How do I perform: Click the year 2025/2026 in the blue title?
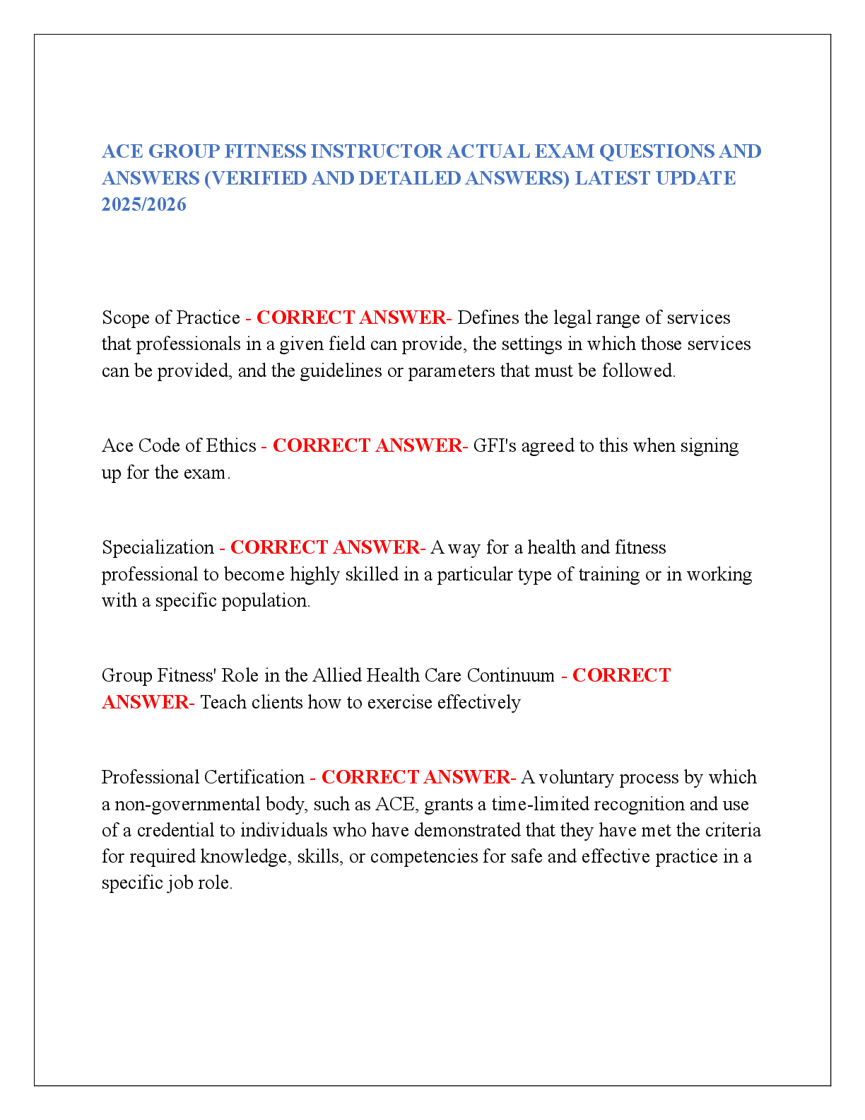tap(143, 204)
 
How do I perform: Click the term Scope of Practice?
tap(170, 317)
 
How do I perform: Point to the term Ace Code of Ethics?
tap(179, 445)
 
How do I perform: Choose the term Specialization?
tap(158, 547)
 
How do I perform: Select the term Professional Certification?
tap(203, 777)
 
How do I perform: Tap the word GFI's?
tap(495, 445)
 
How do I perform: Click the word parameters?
tap(452, 371)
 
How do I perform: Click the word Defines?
tap(488, 317)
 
